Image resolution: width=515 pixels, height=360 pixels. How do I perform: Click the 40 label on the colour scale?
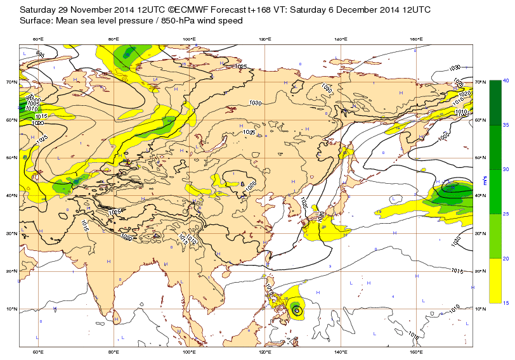pyautogui.click(x=505, y=80)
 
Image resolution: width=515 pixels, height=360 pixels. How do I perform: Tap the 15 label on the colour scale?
pyautogui.click(x=505, y=303)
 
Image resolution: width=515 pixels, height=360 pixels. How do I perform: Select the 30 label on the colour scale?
pyautogui.click(x=505, y=169)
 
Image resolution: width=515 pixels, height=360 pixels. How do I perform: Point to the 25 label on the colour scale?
pyautogui.click(x=505, y=214)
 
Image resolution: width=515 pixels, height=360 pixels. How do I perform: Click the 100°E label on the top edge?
pyautogui.click(x=189, y=39)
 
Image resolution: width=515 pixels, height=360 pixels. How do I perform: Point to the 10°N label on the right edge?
pyautogui.click(x=480, y=309)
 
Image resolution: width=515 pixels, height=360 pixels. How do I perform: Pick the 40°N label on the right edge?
pyautogui.click(x=480, y=196)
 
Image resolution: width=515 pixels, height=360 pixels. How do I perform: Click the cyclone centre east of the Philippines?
pyautogui.click(x=296, y=309)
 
